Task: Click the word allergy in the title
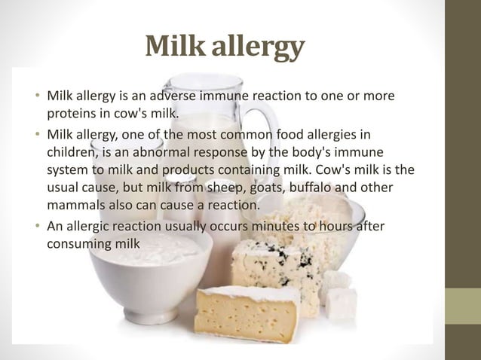tap(261, 47)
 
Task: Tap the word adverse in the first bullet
tap(180, 97)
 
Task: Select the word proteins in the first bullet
tap(74, 114)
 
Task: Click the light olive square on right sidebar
tap(463, 305)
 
